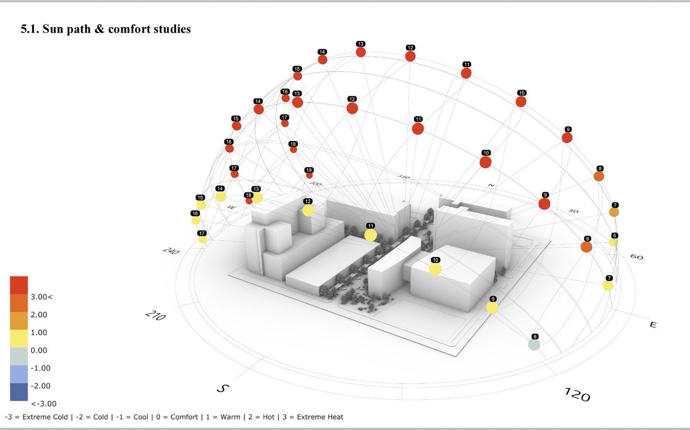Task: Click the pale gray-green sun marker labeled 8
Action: click(x=534, y=344)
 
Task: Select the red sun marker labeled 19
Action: click(x=309, y=175)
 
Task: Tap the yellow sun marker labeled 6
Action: click(x=614, y=242)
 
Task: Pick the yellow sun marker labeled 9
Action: click(x=492, y=308)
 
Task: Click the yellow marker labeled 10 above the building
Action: click(x=435, y=268)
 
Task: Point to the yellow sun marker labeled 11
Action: click(x=370, y=235)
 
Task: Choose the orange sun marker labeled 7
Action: click(x=614, y=212)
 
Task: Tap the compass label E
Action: click(x=653, y=325)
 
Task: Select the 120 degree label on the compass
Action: click(x=576, y=395)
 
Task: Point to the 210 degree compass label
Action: click(x=156, y=316)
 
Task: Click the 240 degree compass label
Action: click(x=170, y=251)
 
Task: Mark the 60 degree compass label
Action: click(x=637, y=257)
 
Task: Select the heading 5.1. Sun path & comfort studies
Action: click(x=105, y=29)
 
